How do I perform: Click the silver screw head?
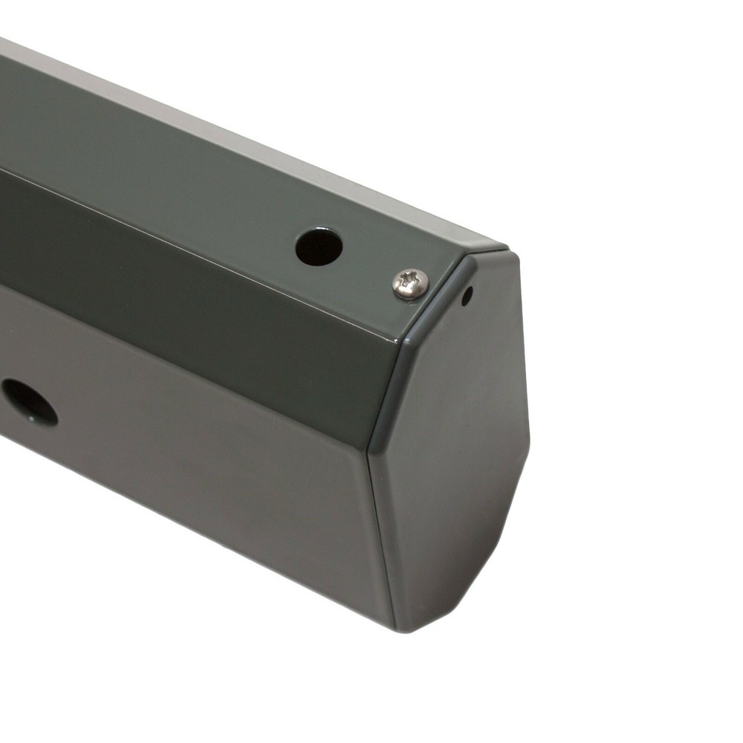[410, 283]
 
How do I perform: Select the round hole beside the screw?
[319, 247]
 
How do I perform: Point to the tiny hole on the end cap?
[467, 296]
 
